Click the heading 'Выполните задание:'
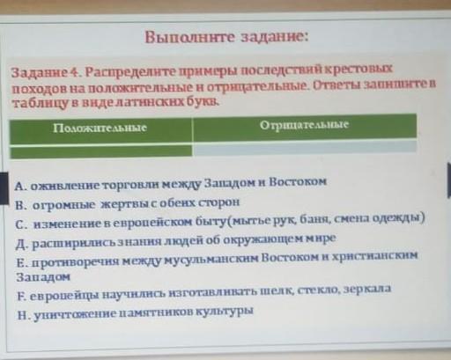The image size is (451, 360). point(226,37)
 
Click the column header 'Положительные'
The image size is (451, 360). point(100,128)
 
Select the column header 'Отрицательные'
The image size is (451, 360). point(305,125)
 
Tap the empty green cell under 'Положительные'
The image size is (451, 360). point(101,151)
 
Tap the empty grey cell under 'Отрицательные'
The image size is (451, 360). point(305,147)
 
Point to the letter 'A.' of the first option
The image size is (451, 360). point(20,186)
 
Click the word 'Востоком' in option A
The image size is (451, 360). point(298,181)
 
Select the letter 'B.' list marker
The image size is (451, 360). point(21,205)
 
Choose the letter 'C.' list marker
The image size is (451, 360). point(22,225)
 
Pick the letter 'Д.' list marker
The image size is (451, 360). point(23,245)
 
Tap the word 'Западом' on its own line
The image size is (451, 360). point(43,276)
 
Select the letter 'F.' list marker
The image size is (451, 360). point(22,297)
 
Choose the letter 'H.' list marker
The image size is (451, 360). point(24,316)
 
